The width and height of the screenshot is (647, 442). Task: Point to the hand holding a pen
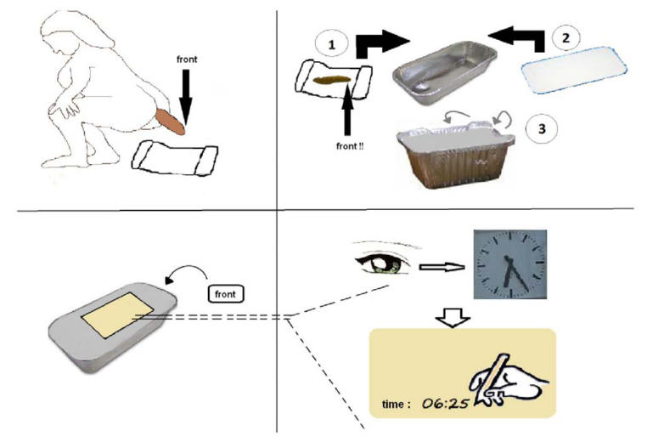(x=504, y=377)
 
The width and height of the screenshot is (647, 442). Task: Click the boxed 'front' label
(x=225, y=294)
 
